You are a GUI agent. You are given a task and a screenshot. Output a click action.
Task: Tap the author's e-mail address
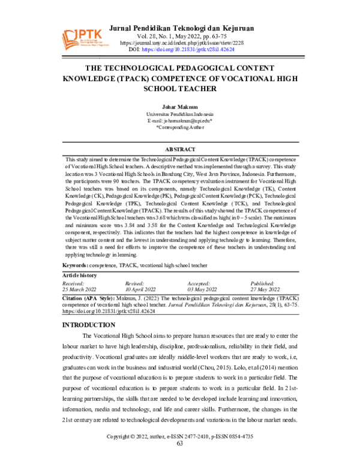coord(179,121)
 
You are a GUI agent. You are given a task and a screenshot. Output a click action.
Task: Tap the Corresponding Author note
coord(179,128)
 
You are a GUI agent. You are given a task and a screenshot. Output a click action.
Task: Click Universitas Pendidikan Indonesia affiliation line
coord(179,114)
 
